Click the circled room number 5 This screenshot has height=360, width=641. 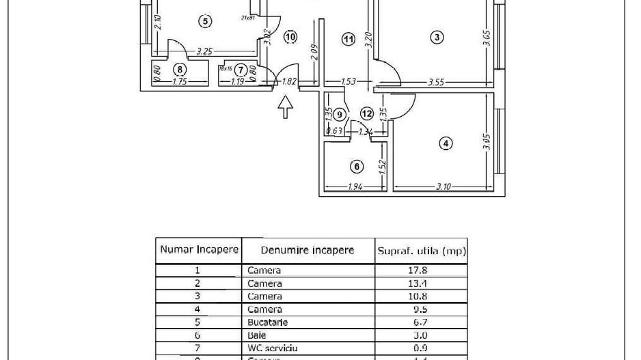click(204, 21)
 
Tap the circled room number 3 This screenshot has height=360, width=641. click(437, 37)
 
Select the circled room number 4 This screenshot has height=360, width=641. click(446, 143)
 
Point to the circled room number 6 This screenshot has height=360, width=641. click(355, 166)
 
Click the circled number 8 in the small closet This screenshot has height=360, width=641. click(180, 68)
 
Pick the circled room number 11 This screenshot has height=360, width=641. click(349, 39)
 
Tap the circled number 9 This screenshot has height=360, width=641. click(340, 114)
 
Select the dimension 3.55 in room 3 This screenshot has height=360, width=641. click(436, 82)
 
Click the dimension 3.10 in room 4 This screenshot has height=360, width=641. click(444, 187)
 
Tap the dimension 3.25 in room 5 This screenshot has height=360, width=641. click(203, 51)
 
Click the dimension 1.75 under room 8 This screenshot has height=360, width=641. click(179, 82)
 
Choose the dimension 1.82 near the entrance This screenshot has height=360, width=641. click(288, 82)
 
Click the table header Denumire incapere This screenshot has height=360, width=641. click(300, 250)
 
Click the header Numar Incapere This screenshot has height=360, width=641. click(199, 249)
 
